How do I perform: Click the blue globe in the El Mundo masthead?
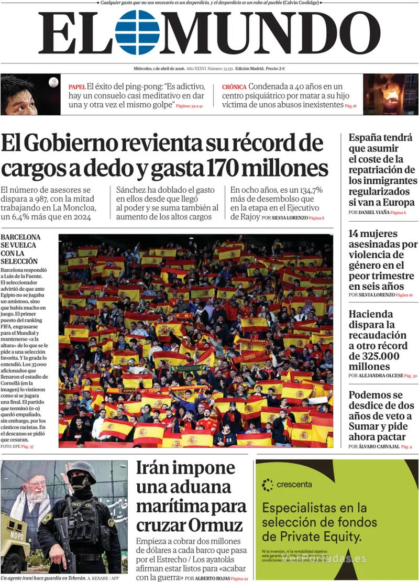pos(137,32)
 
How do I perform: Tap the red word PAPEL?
pos(76,86)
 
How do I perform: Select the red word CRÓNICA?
pos(234,86)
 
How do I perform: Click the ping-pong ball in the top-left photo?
pos(53,82)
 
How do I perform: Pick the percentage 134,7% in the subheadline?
pos(311,190)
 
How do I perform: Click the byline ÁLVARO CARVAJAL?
pos(378,447)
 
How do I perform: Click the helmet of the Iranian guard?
pos(81,469)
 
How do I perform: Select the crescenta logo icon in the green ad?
pos(268,485)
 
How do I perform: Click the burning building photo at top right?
pos(391,94)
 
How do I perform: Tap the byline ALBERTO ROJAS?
pos(213,578)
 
